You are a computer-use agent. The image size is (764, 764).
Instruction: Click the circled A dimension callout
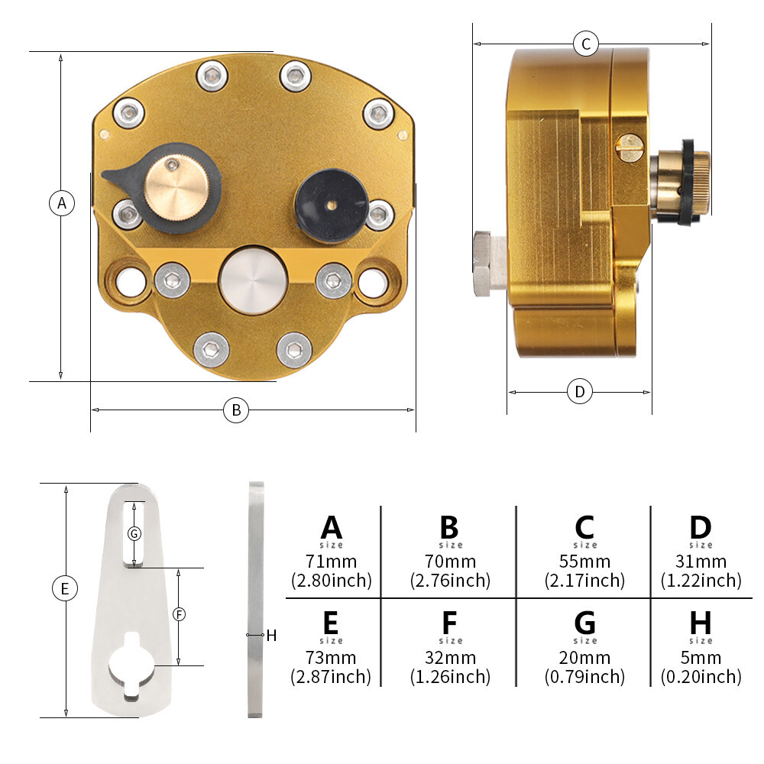(62, 202)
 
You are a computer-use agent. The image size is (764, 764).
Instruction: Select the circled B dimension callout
(236, 410)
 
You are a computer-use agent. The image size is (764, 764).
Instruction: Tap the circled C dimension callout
(586, 44)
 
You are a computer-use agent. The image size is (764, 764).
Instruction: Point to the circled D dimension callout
(580, 391)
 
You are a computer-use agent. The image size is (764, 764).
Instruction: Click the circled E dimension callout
(65, 588)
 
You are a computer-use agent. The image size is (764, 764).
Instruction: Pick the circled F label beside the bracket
(180, 614)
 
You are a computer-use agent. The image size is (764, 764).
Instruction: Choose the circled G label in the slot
(134, 533)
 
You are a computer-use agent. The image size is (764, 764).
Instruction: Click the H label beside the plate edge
(271, 636)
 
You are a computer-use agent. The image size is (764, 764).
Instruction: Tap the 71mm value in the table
(332, 562)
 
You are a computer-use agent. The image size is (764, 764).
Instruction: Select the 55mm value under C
(584, 562)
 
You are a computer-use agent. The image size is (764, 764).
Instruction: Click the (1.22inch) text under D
(701, 581)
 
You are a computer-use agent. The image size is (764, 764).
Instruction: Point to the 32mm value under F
(450, 658)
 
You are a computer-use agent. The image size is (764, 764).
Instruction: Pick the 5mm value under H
(701, 658)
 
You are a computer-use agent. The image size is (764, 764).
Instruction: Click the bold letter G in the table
(584, 623)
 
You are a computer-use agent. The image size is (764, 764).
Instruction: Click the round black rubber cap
(331, 205)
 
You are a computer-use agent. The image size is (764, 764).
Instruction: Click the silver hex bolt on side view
(490, 264)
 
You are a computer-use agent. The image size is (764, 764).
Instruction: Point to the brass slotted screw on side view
(630, 147)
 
